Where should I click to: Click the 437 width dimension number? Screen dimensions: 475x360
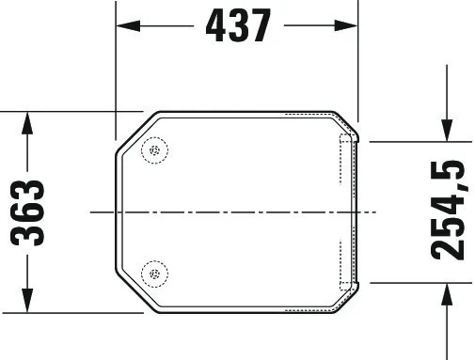pyautogui.click(x=238, y=25)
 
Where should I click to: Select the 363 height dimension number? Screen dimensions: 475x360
pyautogui.click(x=27, y=213)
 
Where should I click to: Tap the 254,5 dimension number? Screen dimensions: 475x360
pyautogui.click(x=447, y=210)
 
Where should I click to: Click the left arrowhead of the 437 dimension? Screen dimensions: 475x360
pyautogui.click(x=128, y=25)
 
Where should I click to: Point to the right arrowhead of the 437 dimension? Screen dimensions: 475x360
pyautogui.click(x=346, y=25)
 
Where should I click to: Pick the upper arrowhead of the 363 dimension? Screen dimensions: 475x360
pyautogui.click(x=27, y=123)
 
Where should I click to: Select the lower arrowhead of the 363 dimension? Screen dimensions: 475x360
pyautogui.click(x=27, y=301)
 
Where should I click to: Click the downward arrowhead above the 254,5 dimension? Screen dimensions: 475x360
pyautogui.click(x=447, y=130)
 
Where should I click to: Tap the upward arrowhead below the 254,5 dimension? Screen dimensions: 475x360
pyautogui.click(x=447, y=294)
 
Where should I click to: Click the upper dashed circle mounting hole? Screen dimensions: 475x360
pyautogui.click(x=154, y=150)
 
